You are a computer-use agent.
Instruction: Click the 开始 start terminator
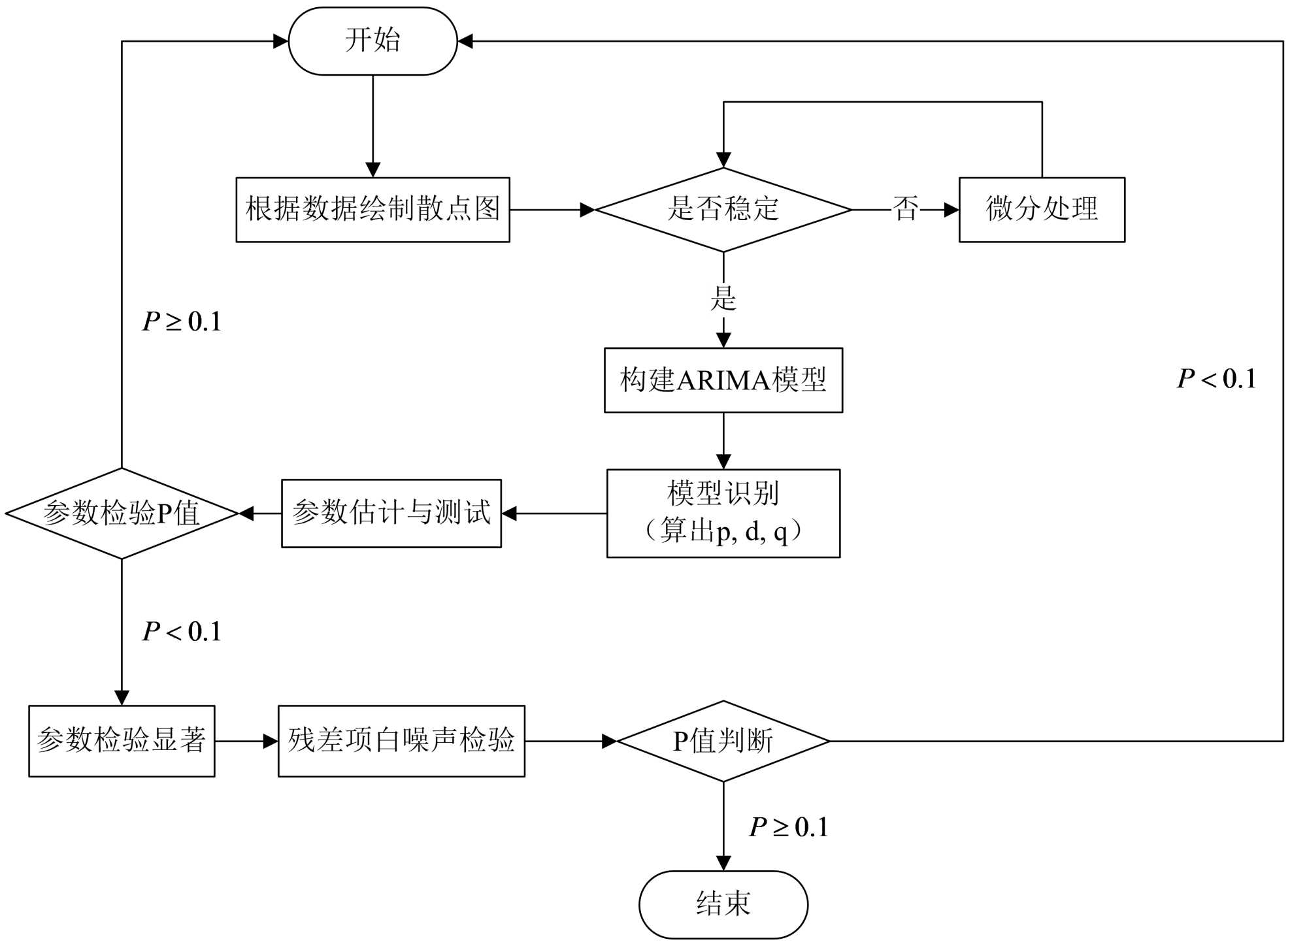[x=372, y=41]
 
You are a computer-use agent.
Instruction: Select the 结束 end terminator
[x=723, y=904]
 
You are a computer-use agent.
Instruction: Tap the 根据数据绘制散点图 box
[x=372, y=210]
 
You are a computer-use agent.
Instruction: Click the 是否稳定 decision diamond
[x=723, y=210]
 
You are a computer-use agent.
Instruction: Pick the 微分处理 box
[x=1042, y=210]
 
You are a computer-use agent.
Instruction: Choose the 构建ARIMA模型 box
[x=723, y=380]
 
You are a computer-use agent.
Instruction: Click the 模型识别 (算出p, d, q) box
[x=723, y=514]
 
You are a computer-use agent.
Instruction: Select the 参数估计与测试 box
[x=391, y=514]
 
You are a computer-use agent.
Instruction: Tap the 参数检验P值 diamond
[x=122, y=514]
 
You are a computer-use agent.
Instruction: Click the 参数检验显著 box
[x=122, y=741]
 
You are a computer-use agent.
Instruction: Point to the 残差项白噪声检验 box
[x=401, y=741]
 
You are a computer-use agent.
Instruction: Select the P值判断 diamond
[x=723, y=741]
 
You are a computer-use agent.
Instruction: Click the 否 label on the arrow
[x=906, y=210]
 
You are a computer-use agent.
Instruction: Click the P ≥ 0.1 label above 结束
[x=788, y=828]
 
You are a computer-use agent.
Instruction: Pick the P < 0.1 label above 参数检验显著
[x=182, y=632]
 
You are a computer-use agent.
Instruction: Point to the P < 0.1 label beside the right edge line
[x=1216, y=379]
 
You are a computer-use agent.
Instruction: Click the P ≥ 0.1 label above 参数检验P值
[x=182, y=321]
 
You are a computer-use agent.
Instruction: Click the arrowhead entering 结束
[x=723, y=864]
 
